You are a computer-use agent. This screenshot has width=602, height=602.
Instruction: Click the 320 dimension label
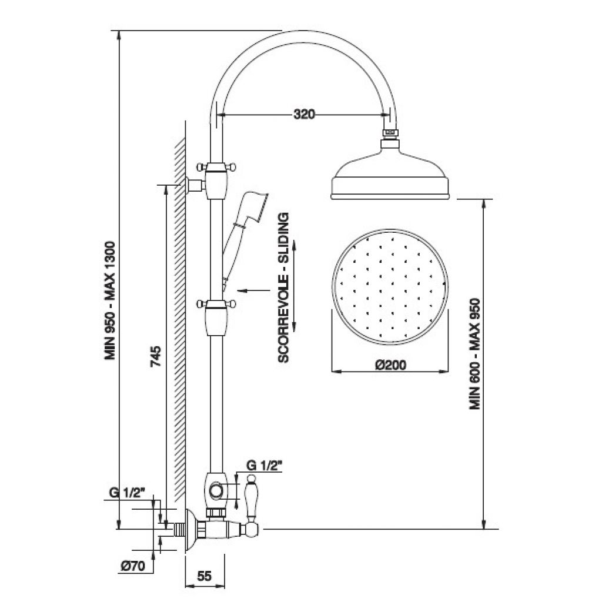tap(304, 114)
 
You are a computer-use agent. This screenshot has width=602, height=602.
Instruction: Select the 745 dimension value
tap(155, 356)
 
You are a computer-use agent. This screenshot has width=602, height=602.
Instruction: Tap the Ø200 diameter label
tap(390, 364)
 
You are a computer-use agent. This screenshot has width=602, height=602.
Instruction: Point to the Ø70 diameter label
tap(132, 566)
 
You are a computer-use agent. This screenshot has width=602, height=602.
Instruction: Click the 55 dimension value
tap(204, 576)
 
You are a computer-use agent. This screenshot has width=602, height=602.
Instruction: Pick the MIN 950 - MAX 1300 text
tap(110, 300)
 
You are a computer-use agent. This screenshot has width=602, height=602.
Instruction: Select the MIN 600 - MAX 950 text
tap(474, 353)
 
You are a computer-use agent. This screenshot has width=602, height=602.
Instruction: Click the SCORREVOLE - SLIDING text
tap(283, 287)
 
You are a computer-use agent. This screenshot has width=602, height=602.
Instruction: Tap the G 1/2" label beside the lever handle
tap(265, 466)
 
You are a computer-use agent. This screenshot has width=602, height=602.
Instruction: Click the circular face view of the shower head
tap(390, 287)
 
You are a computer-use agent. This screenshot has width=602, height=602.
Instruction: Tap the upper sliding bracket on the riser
tap(216, 180)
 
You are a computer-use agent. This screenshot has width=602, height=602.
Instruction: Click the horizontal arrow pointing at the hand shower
tap(254, 290)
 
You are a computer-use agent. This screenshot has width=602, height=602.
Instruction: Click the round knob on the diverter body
tap(216, 491)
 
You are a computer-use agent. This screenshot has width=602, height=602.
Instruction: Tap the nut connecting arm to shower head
tap(390, 133)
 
